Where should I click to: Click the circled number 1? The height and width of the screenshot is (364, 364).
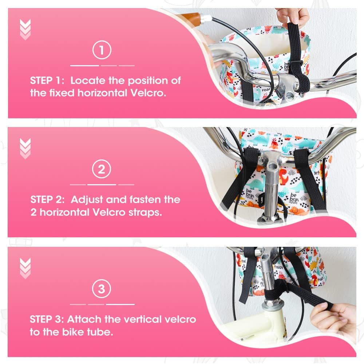[102, 50]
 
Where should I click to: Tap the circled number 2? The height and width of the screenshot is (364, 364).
[102, 169]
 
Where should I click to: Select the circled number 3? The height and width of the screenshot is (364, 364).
[102, 289]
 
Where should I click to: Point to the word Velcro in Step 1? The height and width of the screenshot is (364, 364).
[148, 93]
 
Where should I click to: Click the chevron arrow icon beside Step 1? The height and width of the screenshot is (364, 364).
[25, 29]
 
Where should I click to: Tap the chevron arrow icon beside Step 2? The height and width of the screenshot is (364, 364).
[25, 149]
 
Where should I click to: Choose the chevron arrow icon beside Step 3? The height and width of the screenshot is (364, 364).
[25, 268]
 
